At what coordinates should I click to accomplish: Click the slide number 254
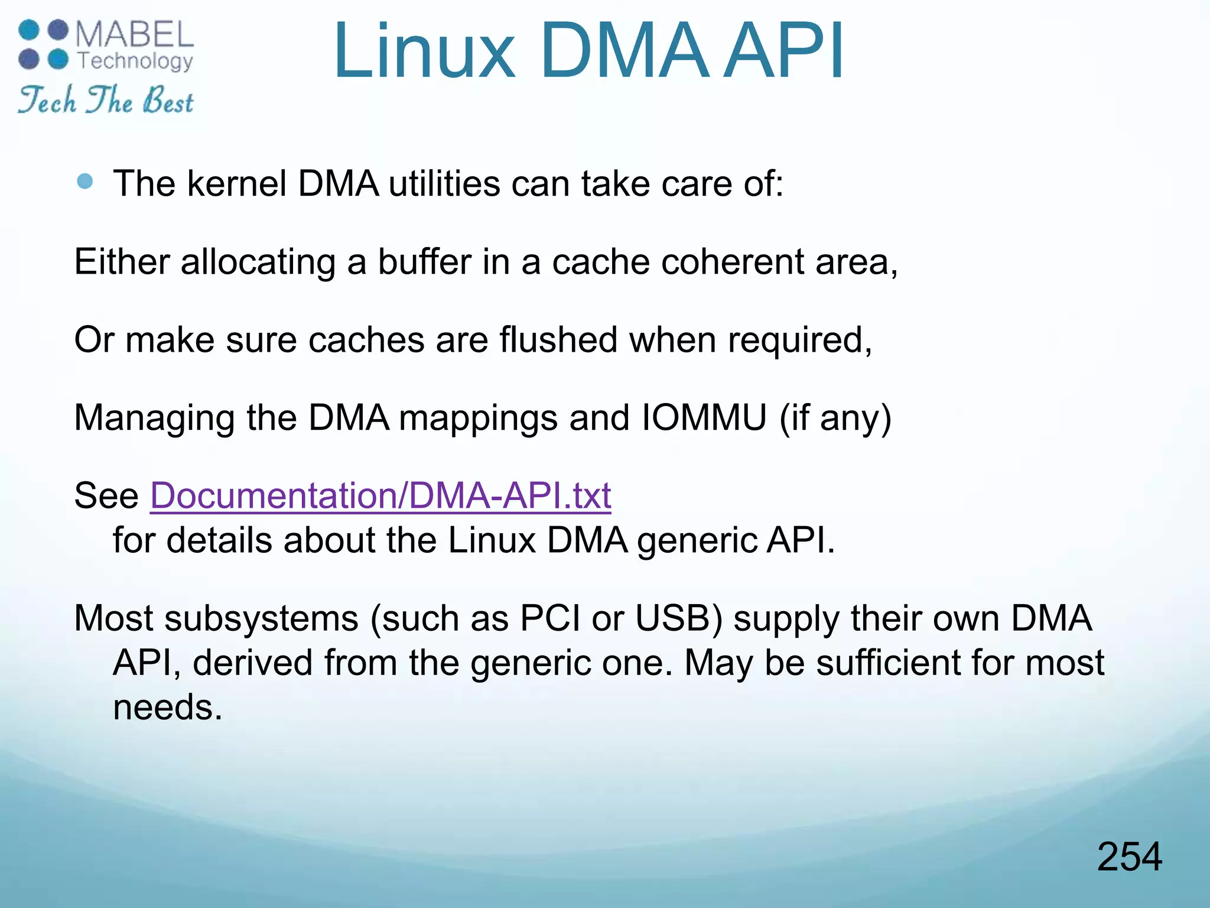pos(1129,857)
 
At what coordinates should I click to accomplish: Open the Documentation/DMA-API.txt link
pos(380,495)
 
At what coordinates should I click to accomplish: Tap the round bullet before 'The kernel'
pos(85,181)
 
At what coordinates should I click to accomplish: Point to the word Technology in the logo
pos(135,61)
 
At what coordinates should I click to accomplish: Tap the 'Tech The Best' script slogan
pos(105,99)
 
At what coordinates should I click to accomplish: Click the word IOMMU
pos(704,417)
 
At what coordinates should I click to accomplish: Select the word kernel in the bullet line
pos(237,183)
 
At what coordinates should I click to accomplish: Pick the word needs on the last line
pos(167,707)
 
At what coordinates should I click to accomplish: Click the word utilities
pos(444,183)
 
